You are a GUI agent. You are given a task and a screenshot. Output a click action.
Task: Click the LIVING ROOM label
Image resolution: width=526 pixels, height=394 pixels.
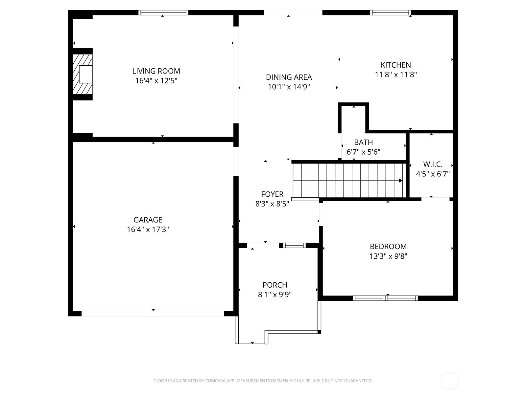click(x=156, y=71)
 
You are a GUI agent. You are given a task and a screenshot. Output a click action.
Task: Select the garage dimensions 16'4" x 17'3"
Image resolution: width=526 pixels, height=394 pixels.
click(x=148, y=230)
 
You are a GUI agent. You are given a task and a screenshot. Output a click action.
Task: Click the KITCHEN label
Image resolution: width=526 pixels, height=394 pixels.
click(x=396, y=65)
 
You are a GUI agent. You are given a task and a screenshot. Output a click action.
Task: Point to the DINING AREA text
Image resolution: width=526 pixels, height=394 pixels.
click(x=289, y=77)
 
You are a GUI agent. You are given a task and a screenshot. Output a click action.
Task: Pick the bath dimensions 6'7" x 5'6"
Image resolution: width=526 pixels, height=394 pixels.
click(x=363, y=152)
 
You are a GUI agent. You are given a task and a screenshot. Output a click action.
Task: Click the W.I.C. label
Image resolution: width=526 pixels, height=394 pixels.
click(x=433, y=164)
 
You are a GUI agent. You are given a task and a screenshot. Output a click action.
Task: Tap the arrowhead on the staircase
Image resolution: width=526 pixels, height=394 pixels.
click(x=400, y=181)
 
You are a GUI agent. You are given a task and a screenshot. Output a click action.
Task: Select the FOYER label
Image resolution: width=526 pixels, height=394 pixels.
click(x=272, y=194)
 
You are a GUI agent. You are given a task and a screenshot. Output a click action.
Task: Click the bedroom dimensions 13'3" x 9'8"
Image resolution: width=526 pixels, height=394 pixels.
click(x=388, y=256)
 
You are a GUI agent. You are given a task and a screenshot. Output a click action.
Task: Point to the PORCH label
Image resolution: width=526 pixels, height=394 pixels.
click(x=275, y=285)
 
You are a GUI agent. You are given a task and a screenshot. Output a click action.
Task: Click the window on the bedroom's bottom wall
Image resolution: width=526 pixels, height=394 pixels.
click(x=385, y=298)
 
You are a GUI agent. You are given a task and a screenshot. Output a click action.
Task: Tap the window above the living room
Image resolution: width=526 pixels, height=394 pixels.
click(x=163, y=12)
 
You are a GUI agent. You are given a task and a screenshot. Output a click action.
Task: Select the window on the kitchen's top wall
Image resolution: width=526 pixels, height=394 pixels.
click(x=391, y=12)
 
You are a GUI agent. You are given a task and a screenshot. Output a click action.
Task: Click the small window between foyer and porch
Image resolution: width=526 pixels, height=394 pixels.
click(x=294, y=245)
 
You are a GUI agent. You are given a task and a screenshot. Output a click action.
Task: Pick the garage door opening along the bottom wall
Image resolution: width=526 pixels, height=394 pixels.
click(x=153, y=314)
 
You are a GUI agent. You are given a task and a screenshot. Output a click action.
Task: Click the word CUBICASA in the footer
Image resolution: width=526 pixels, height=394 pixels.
click(x=216, y=381)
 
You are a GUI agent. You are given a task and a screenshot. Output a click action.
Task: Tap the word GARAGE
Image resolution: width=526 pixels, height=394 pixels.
click(x=148, y=220)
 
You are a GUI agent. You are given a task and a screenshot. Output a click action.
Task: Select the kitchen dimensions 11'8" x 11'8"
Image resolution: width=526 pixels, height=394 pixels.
click(x=396, y=75)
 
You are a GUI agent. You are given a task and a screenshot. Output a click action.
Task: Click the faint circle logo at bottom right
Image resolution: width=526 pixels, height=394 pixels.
click(x=449, y=381)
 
